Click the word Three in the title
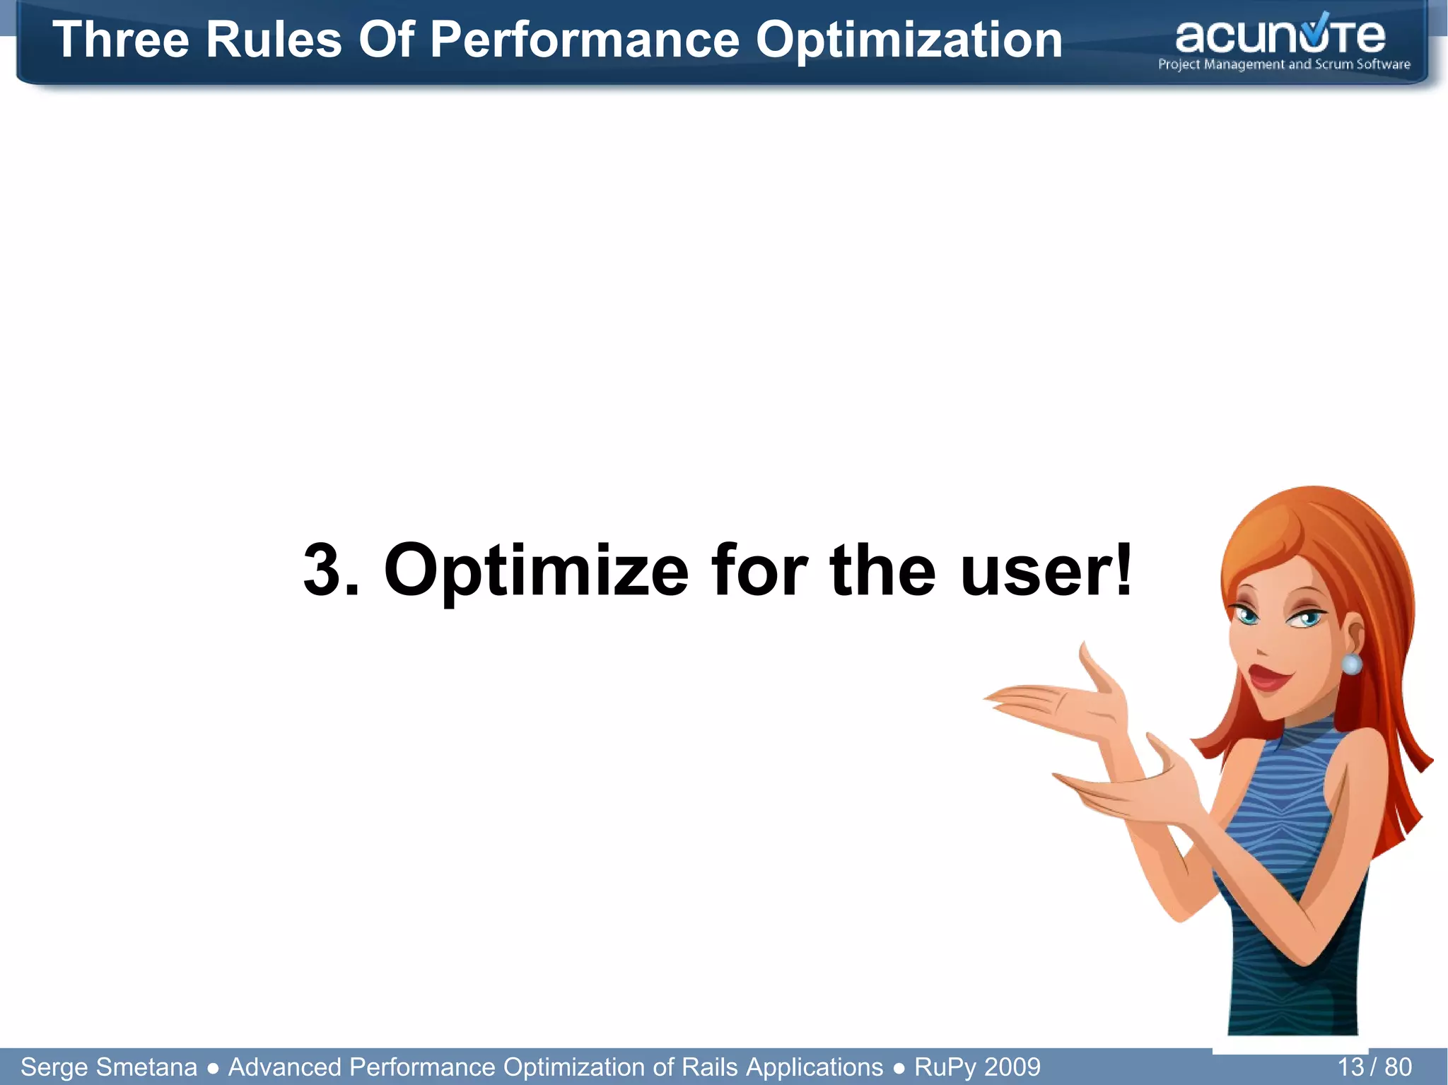[x=121, y=40]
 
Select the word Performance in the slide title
[x=584, y=40]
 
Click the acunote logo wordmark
[x=1280, y=37]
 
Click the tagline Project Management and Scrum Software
[x=1284, y=64]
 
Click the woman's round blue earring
[x=1351, y=664]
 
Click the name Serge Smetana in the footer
[x=109, y=1067]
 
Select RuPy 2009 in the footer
[x=977, y=1067]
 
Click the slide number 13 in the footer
[x=1350, y=1067]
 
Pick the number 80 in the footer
[x=1398, y=1067]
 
